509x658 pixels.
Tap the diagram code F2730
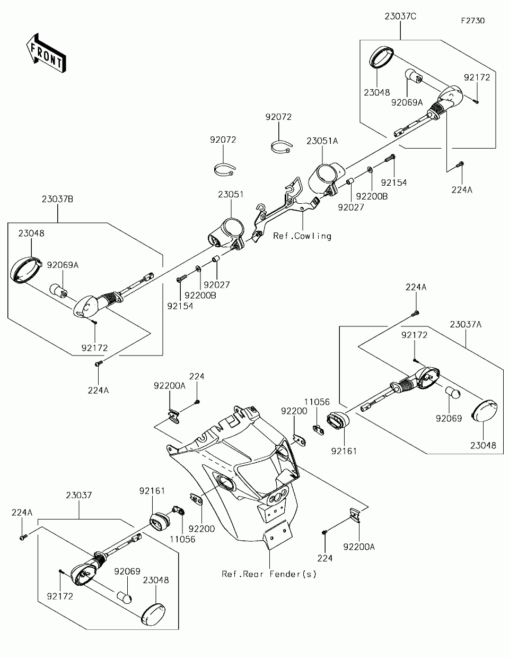point(473,21)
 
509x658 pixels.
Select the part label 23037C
point(400,16)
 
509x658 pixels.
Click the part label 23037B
point(57,199)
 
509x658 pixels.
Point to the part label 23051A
point(322,141)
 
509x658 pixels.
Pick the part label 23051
point(231,194)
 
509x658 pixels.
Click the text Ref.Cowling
point(302,236)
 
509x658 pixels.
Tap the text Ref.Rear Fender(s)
point(269,574)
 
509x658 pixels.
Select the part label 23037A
point(466,325)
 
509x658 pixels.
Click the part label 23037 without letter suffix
point(79,496)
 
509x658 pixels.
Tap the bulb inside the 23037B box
point(58,290)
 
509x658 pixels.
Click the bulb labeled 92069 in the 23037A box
point(453,393)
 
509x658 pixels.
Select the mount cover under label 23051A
point(326,179)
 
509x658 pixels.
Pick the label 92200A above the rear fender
point(169,386)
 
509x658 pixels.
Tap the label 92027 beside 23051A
point(351,207)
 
